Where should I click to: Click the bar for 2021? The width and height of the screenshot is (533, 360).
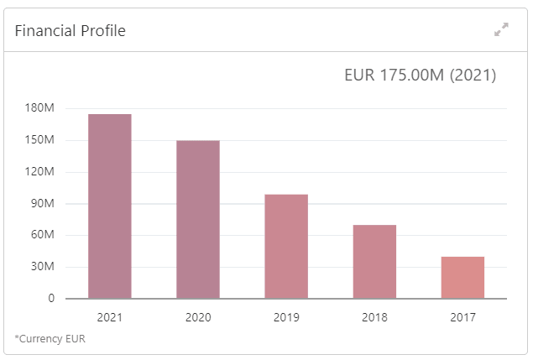click(x=110, y=206)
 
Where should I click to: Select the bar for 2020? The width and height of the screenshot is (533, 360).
click(x=198, y=219)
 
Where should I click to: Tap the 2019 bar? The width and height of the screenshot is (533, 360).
click(x=286, y=246)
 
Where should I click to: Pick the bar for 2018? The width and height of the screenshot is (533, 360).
click(x=374, y=261)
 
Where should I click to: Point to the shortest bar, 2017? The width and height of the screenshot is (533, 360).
click(x=462, y=277)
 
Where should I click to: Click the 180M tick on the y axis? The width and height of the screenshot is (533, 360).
click(x=40, y=108)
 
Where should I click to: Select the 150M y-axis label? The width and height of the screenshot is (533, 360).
click(x=40, y=140)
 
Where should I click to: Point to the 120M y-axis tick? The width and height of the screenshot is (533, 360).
click(x=40, y=172)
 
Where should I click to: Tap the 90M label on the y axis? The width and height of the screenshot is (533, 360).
click(x=43, y=204)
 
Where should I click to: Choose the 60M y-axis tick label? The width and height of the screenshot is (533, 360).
click(x=43, y=235)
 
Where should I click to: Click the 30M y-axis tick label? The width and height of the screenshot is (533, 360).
click(x=43, y=267)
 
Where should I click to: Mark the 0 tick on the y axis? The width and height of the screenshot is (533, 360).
click(x=51, y=298)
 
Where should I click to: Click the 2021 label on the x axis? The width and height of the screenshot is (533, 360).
click(x=110, y=317)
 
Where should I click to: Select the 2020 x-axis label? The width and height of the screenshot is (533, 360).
click(x=198, y=317)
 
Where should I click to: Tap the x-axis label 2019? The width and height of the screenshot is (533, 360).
click(x=286, y=317)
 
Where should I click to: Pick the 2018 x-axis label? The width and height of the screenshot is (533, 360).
click(x=374, y=317)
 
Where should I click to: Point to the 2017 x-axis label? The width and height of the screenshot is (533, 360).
click(x=462, y=317)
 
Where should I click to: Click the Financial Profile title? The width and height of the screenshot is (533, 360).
click(x=71, y=31)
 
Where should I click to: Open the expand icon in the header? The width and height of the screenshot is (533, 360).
click(x=502, y=30)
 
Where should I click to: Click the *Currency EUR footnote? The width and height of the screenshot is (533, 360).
click(x=50, y=339)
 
